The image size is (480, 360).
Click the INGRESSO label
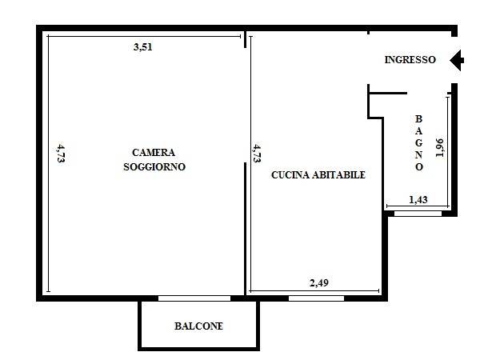coord(410,60)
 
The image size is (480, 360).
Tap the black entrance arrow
coord(457,60)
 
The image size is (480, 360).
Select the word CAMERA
coord(154,153)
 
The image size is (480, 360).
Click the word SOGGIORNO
coord(154,167)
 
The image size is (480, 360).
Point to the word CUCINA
coord(290,174)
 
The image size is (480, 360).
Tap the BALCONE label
coord(198,326)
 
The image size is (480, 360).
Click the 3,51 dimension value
coord(142,47)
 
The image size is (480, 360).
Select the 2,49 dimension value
coord(319,283)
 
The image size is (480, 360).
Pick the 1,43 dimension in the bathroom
coord(418,200)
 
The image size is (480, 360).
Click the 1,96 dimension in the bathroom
coord(439,148)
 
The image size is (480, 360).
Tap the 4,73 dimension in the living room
coord(61,153)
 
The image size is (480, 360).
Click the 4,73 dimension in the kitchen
coord(257,153)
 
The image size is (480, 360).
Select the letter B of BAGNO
coord(418,118)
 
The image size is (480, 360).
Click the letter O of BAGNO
coord(419,167)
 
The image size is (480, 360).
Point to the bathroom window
coord(418,214)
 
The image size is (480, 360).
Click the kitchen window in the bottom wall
coord(316,298)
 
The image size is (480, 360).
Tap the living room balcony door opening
coord(194,298)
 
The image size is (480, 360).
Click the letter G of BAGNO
coord(418,142)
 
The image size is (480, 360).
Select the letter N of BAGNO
coord(418,154)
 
